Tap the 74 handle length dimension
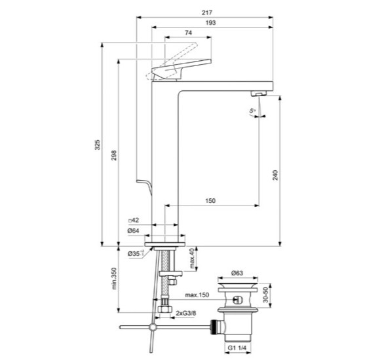188,33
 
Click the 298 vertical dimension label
113,157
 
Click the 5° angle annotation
252,113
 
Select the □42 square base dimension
134,220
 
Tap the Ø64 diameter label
134,231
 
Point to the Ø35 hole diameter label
134,253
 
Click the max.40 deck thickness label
193,259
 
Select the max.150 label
197,296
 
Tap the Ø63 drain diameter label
238,274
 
